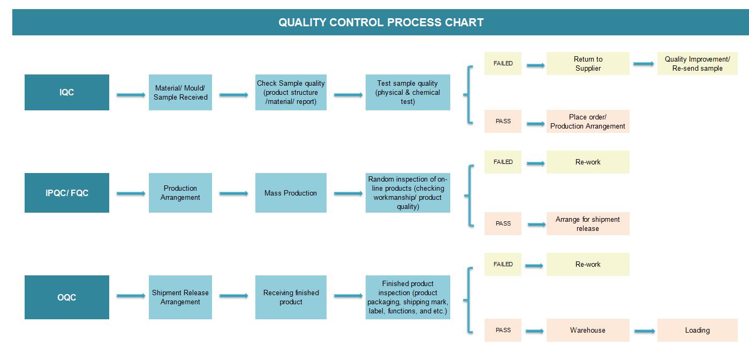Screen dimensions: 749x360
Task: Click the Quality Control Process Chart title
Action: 381,22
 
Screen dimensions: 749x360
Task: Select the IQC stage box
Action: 67,92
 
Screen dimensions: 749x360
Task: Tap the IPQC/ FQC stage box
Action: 67,193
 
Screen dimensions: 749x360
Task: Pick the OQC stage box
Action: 67,297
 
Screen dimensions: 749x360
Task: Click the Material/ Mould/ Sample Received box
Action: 180,92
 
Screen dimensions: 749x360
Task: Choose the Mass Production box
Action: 291,193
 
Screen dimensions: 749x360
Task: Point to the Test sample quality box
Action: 408,92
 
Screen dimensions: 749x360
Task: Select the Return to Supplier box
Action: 588,63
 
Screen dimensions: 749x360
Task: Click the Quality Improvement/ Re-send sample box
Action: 698,63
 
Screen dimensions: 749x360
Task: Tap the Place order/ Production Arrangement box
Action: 588,121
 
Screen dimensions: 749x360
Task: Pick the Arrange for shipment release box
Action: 588,223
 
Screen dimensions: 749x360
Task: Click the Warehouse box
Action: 588,330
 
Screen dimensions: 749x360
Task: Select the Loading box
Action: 698,330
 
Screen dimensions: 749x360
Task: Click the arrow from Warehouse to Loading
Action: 645,331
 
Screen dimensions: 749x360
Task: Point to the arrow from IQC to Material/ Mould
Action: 131,95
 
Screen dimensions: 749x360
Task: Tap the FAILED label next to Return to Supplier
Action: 503,63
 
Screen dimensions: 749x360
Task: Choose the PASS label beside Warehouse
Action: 503,330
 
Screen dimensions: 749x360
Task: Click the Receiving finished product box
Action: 291,297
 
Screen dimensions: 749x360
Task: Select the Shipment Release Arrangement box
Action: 180,297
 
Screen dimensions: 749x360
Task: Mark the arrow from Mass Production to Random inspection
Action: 348,193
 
